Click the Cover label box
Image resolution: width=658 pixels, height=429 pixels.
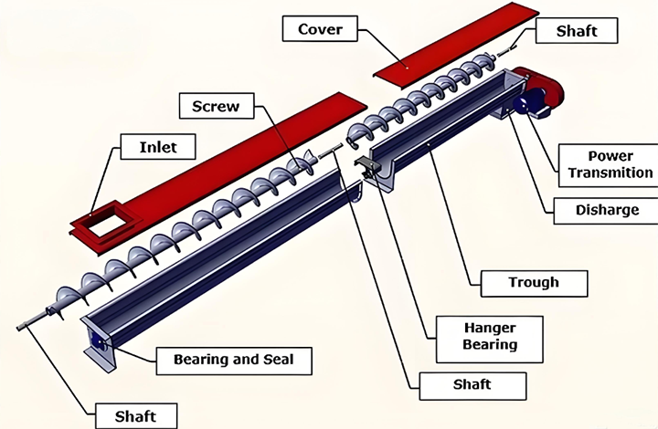[320, 29]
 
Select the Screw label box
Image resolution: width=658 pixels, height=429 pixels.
[216, 106]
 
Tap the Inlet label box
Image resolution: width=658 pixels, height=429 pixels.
[158, 146]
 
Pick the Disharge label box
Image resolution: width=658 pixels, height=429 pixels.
[607, 210]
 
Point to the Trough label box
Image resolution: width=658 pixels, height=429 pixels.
[533, 282]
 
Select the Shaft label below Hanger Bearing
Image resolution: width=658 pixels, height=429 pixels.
[472, 384]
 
